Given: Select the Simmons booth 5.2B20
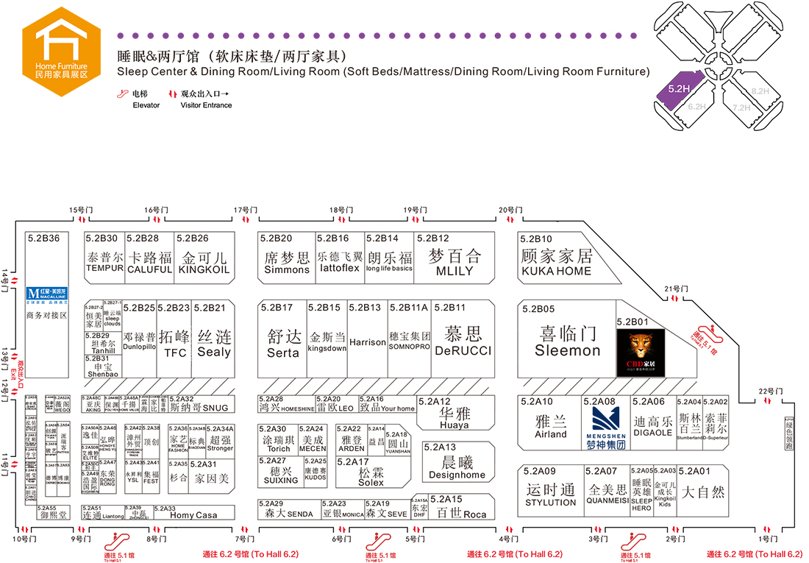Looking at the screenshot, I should [x=287, y=262].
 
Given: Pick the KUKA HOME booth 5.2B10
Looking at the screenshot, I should [x=556, y=261].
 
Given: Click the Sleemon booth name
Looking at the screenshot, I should [x=567, y=350].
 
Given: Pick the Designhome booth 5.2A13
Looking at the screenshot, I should [x=457, y=467].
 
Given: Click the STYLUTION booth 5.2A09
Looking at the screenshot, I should [x=551, y=495].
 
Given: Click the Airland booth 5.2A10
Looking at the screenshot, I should [x=551, y=426].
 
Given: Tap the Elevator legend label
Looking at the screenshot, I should [x=146, y=105].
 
